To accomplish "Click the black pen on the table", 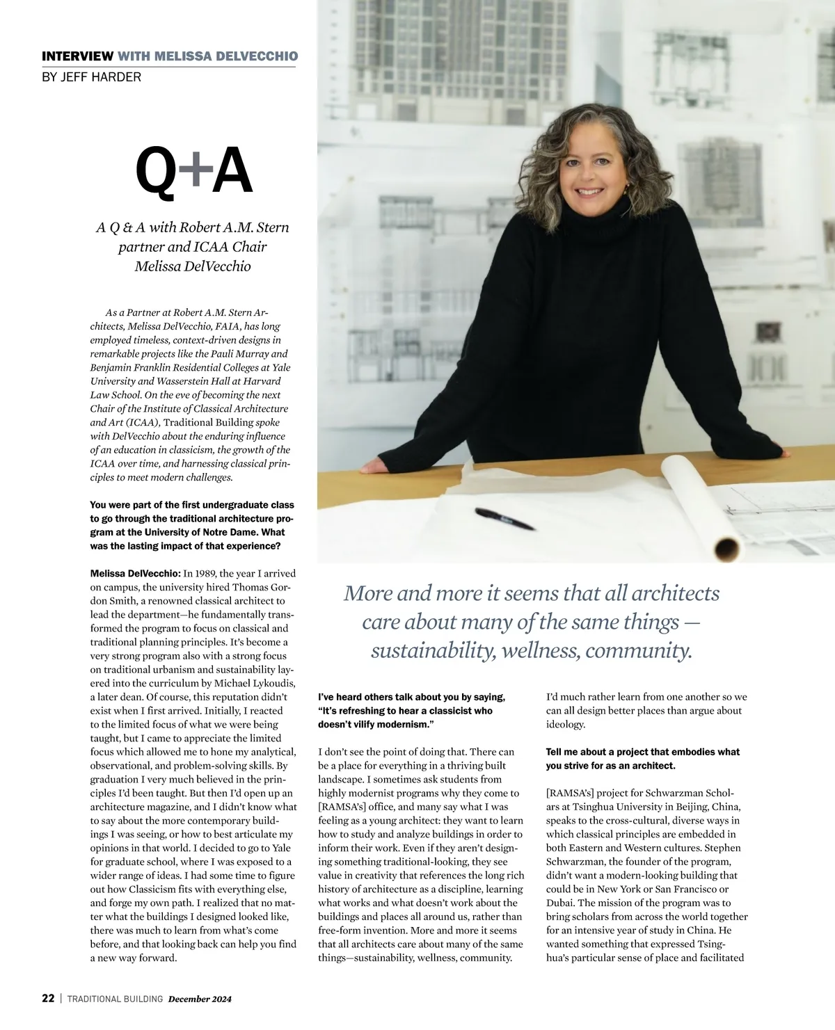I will [504, 519].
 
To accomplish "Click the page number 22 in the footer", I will [48, 998].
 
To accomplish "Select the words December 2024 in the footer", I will [200, 999].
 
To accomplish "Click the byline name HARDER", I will [119, 77].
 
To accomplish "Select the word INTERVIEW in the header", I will [77, 56].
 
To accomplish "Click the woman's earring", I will [625, 188].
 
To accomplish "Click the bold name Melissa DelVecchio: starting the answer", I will [135, 574].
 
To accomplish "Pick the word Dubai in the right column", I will [560, 903].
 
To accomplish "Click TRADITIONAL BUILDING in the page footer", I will [115, 999].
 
